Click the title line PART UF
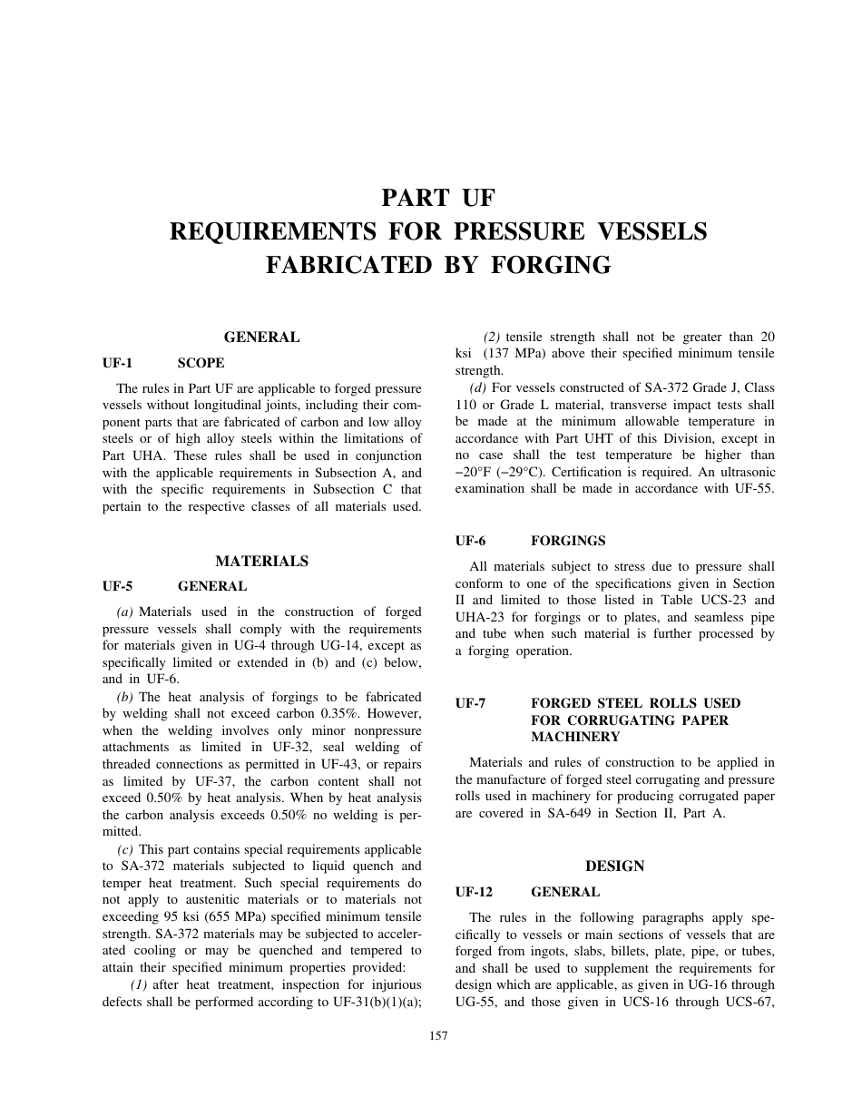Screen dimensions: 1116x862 (x=438, y=199)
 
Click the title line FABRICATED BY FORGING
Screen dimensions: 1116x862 (x=438, y=265)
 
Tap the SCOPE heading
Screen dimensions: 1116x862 (x=201, y=363)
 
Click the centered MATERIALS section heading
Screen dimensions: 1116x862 (x=261, y=562)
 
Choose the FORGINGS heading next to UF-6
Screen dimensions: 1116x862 (x=568, y=541)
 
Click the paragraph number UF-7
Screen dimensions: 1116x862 (x=471, y=703)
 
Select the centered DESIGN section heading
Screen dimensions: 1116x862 (x=614, y=866)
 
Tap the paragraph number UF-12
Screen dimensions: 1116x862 (x=474, y=892)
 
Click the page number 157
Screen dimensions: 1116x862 (x=438, y=1036)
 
